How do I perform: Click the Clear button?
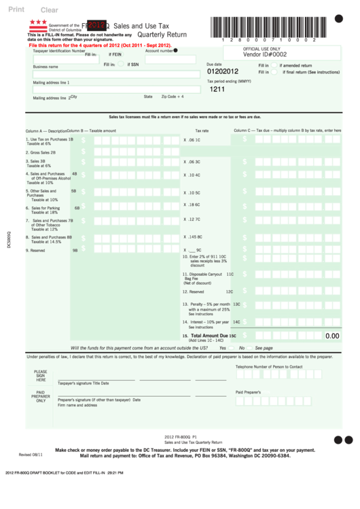50,10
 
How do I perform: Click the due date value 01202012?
223,71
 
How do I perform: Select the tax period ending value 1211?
217,89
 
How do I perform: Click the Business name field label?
46,67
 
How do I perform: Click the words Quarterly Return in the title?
162,34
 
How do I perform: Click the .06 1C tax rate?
194,140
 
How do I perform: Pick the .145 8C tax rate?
194,237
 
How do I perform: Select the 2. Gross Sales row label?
43,152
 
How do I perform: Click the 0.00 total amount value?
332,336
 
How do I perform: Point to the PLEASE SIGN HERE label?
41,376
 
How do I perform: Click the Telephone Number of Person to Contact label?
269,366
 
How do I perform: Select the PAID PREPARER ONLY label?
41,396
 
